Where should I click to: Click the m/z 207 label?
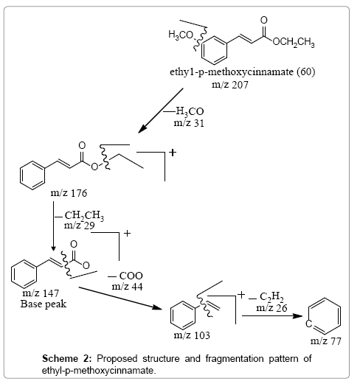[x=230, y=85]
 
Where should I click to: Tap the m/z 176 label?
[x=69, y=193]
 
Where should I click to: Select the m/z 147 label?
[x=41, y=293]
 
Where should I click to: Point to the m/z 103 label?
[x=192, y=335]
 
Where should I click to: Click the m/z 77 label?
[x=326, y=341]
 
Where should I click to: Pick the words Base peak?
[x=44, y=304]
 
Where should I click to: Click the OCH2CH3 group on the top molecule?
[x=294, y=42]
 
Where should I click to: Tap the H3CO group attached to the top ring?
[x=181, y=35]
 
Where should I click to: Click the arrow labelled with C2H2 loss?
[x=272, y=316]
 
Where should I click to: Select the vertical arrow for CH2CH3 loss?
[x=54, y=226]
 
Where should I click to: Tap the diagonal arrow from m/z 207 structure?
[x=161, y=111]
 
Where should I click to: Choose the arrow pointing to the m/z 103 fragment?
[x=120, y=298]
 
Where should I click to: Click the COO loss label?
[x=125, y=276]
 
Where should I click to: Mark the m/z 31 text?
[x=189, y=123]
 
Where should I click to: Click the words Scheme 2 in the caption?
[x=67, y=358]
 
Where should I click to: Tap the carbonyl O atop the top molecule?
[x=264, y=20]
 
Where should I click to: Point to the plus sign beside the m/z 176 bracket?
[x=173, y=153]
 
